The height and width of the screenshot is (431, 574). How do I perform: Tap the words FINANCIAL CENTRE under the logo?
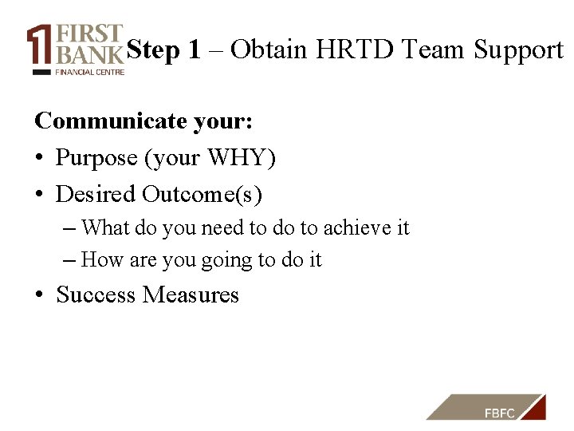pyautogui.click(x=89, y=71)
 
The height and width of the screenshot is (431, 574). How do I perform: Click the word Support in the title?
pyautogui.click(x=518, y=51)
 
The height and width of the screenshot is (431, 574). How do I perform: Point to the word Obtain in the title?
pyautogui.click(x=269, y=50)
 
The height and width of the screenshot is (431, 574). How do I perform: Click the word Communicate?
pyautogui.click(x=111, y=121)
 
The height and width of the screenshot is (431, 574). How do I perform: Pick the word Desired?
pyautogui.click(x=96, y=194)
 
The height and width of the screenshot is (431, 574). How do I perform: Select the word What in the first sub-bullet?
pyautogui.click(x=106, y=227)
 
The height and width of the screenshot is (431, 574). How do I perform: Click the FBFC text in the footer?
pyautogui.click(x=500, y=413)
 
